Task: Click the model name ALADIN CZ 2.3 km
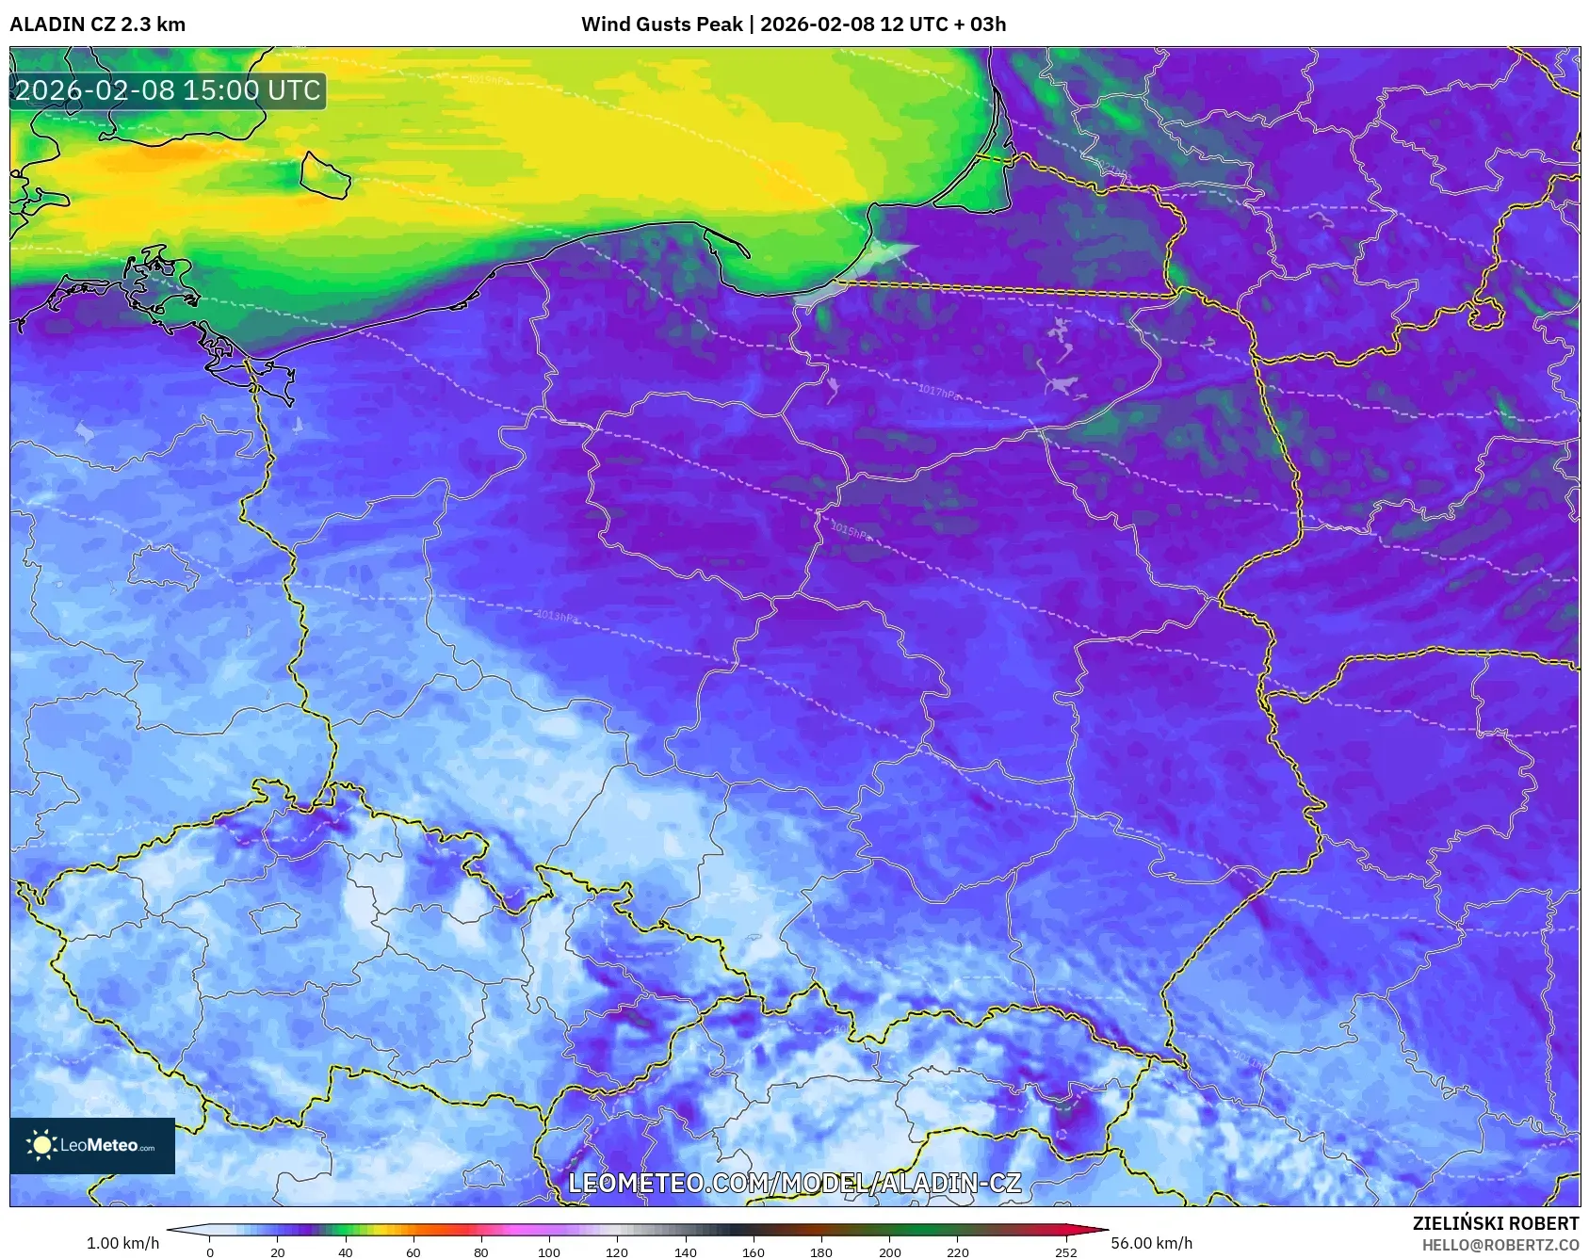pyautogui.click(x=97, y=24)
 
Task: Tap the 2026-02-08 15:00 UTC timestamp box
pyautogui.click(x=168, y=91)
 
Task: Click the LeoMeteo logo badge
pyautogui.click(x=92, y=1145)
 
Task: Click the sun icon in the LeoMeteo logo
pyautogui.click(x=41, y=1145)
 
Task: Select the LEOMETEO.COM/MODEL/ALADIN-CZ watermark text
pyautogui.click(x=794, y=1183)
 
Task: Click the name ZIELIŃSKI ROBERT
pyautogui.click(x=1495, y=1223)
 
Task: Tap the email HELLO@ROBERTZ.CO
pyautogui.click(x=1500, y=1245)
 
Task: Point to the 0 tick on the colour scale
pyautogui.click(x=210, y=1251)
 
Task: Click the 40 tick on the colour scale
pyautogui.click(x=346, y=1251)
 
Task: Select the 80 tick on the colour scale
pyautogui.click(x=481, y=1251)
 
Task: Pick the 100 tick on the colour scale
pyautogui.click(x=549, y=1251)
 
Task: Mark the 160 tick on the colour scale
pyautogui.click(x=754, y=1251)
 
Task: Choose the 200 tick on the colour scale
pyautogui.click(x=889, y=1251)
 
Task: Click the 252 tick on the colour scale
pyautogui.click(x=1065, y=1251)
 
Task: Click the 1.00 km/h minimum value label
pyautogui.click(x=122, y=1243)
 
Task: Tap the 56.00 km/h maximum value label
pyautogui.click(x=1151, y=1243)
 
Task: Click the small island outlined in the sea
pyautogui.click(x=325, y=175)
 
